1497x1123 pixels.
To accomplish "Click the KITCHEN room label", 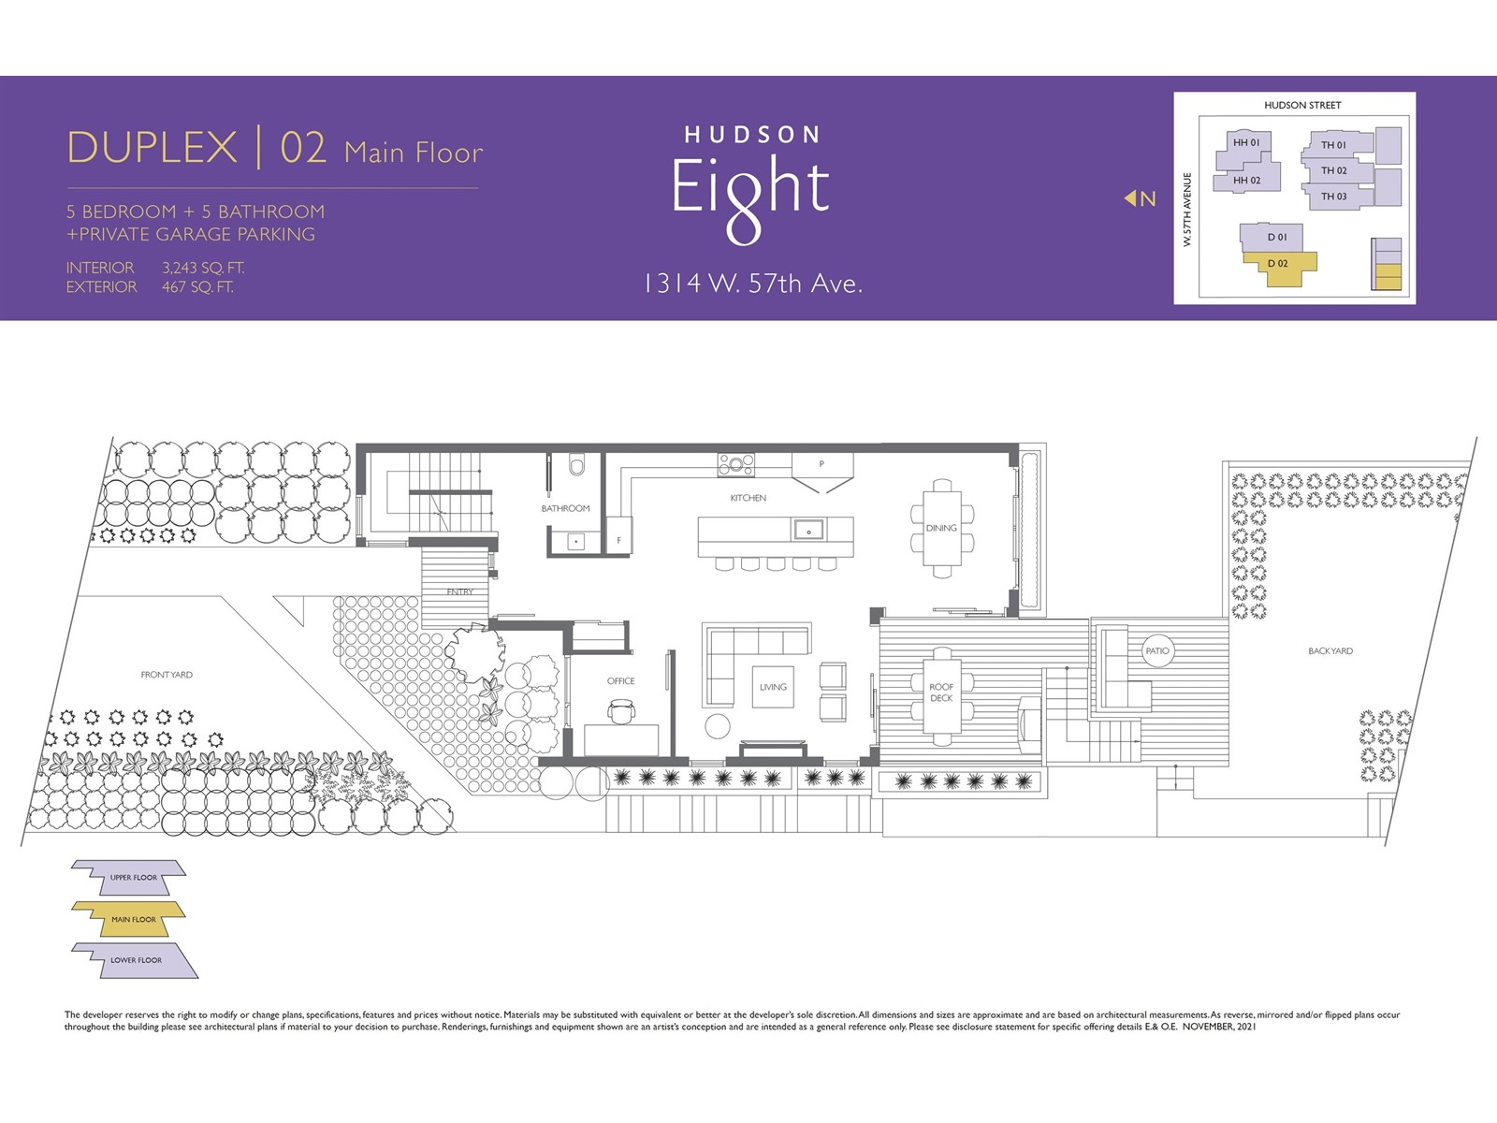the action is [748, 498].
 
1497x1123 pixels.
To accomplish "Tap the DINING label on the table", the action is [941, 528].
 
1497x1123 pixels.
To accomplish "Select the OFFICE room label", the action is [620, 680].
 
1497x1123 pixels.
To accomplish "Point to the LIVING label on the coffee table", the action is [773, 687].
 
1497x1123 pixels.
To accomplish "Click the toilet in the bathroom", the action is [577, 463].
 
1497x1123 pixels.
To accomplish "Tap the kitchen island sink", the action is [808, 530].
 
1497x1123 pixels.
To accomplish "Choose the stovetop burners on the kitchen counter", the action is [736, 465].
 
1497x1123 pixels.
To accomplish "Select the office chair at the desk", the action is [620, 711].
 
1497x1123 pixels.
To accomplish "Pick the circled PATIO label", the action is [1157, 650].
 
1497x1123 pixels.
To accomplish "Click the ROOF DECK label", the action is [941, 693].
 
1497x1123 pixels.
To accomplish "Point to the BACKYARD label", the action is [1330, 650].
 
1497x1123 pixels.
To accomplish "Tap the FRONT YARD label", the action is [167, 675].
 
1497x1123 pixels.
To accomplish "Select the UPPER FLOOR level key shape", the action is [129, 877].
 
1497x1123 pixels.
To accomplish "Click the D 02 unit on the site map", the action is [1279, 266].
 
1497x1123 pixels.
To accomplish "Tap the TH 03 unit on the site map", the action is [1335, 197].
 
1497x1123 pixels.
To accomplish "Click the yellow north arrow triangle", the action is [1130, 197].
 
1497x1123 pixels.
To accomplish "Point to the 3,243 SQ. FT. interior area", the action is [202, 268].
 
